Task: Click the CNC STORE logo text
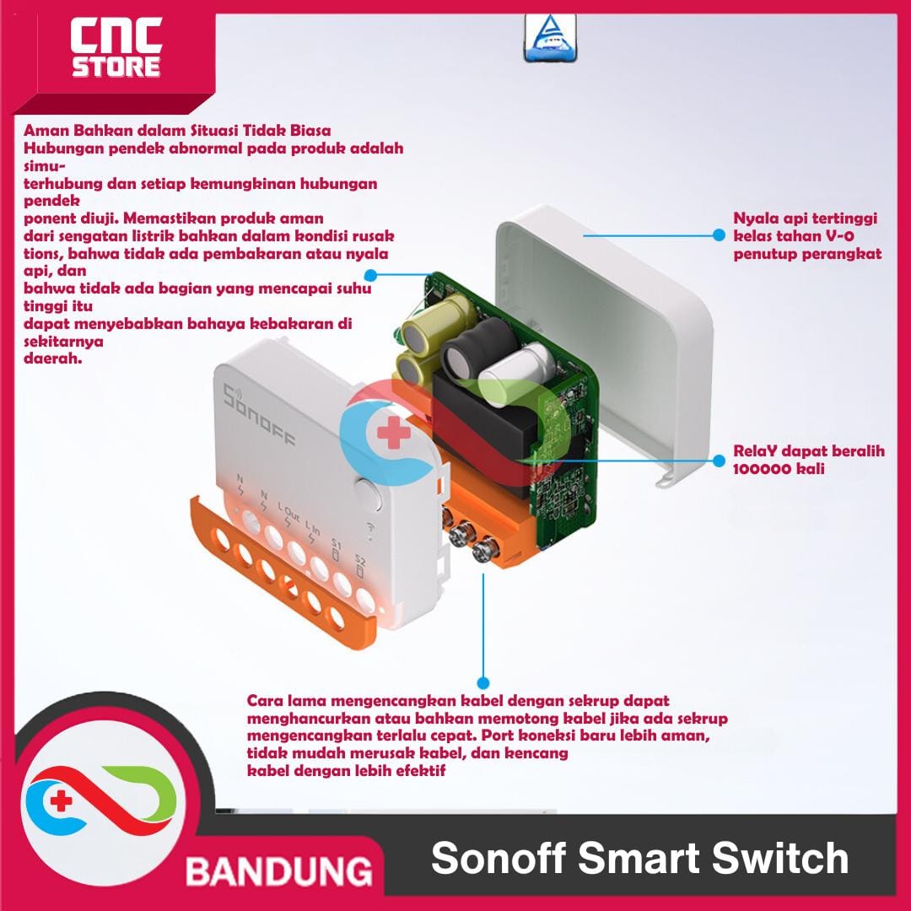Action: click(116, 49)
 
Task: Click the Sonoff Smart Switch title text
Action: click(639, 859)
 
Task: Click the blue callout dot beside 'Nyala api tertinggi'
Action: click(719, 236)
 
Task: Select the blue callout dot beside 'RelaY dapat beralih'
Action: click(719, 461)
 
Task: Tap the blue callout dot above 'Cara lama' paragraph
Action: click(482, 682)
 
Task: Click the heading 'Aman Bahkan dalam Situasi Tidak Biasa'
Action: click(177, 131)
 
